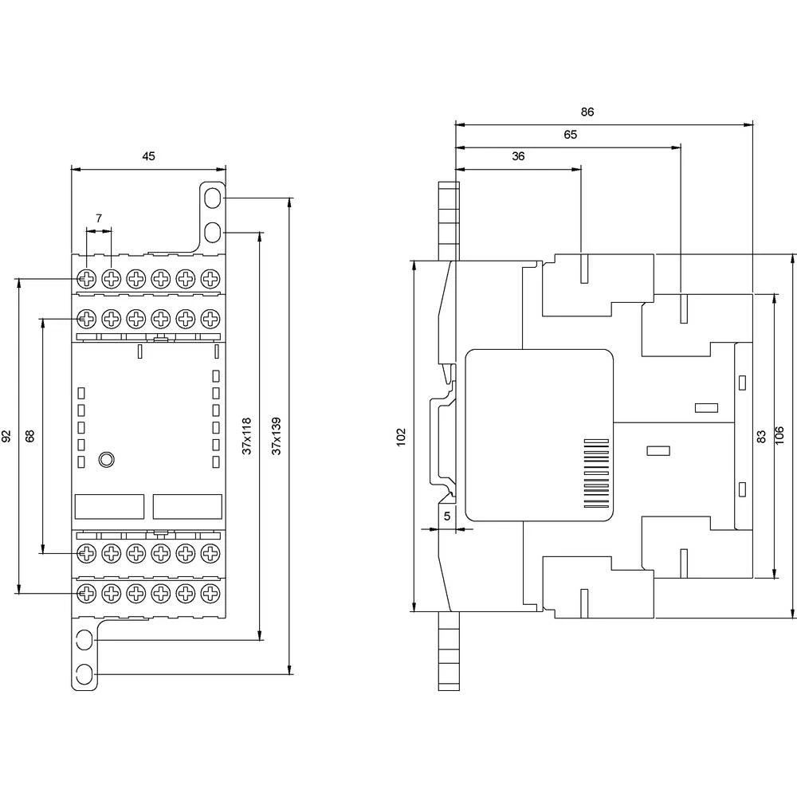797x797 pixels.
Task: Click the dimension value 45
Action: tap(148, 156)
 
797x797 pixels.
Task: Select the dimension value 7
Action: tap(99, 218)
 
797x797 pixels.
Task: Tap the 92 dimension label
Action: tap(6, 436)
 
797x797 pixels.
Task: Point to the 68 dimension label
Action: tap(30, 436)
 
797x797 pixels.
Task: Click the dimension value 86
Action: tap(587, 112)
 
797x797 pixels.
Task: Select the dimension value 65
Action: tap(571, 135)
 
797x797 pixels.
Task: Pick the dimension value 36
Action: tap(519, 156)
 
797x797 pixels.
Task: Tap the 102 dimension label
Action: tap(401, 436)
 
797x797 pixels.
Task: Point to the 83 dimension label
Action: tap(761, 436)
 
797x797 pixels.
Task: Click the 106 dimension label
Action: tap(783, 436)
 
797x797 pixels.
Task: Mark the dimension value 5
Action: tap(447, 516)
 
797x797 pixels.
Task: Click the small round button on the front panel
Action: tap(105, 459)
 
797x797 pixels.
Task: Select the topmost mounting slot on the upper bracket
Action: tap(213, 195)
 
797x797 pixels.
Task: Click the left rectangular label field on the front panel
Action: tap(109, 506)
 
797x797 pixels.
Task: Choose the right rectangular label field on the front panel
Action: tap(186, 506)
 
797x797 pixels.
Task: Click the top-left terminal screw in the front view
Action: tap(86, 279)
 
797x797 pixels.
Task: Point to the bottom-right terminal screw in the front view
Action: tap(210, 593)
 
